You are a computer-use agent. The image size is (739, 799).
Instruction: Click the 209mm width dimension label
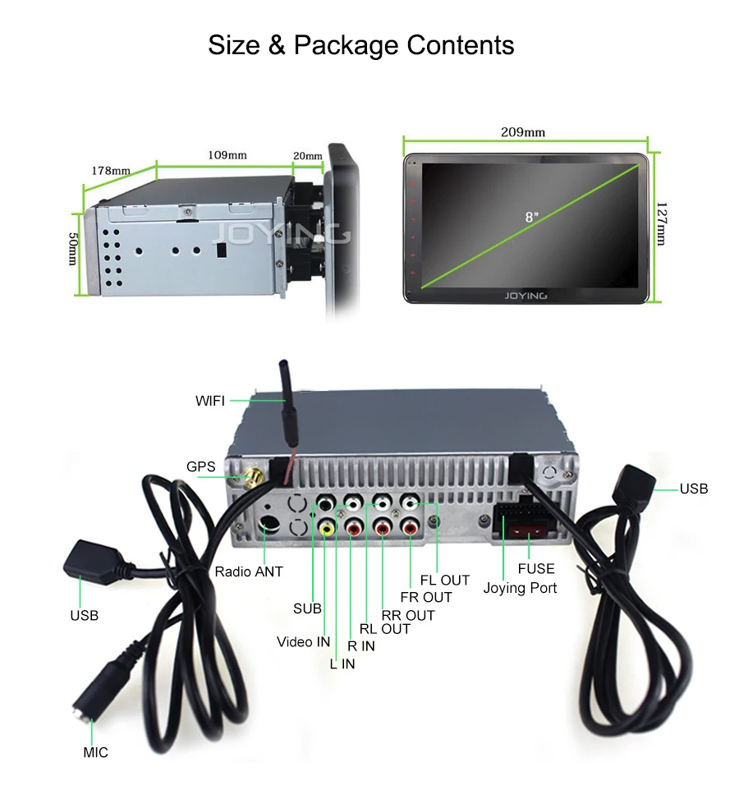[x=523, y=132]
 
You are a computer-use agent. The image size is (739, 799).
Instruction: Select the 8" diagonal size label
[x=532, y=217]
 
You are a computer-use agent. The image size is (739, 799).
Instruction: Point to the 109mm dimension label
[x=227, y=154]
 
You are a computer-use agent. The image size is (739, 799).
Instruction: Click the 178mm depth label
[x=110, y=171]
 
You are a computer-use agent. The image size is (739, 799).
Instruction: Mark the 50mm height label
[x=72, y=248]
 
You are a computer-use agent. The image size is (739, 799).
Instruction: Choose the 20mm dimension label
[x=307, y=155]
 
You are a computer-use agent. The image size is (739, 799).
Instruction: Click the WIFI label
[x=209, y=401]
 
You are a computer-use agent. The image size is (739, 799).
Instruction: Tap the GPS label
[x=200, y=466]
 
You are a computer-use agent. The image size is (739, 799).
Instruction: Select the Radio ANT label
[x=249, y=572]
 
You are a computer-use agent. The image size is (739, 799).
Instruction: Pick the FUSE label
[x=535, y=568]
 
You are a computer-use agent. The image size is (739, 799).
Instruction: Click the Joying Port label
[x=520, y=588]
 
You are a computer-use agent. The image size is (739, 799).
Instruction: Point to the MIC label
[x=95, y=752]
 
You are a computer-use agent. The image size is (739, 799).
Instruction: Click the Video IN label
[x=303, y=641]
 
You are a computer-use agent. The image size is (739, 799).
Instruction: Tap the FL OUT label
[x=444, y=580]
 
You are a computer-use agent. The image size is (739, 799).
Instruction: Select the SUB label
[x=307, y=608]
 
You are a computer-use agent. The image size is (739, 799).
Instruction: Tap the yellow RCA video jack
[x=328, y=530]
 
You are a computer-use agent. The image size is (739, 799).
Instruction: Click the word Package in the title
[x=344, y=44]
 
